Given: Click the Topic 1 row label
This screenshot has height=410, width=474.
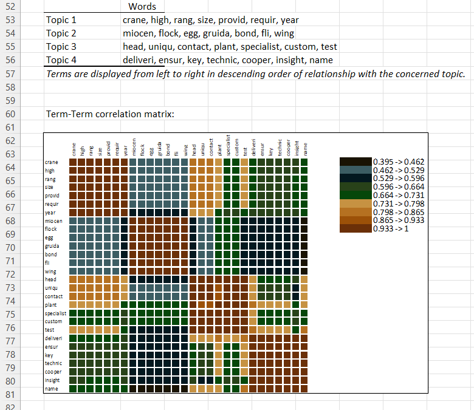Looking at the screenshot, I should coord(61,20).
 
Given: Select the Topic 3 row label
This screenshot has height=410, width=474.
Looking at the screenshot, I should coord(61,47).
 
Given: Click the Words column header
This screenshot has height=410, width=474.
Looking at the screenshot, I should coord(142,7).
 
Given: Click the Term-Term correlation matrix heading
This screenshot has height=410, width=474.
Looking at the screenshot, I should coord(109,114).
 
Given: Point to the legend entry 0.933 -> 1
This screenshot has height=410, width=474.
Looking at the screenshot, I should coord(389,228).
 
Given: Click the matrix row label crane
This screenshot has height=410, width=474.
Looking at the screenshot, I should coord(52,162).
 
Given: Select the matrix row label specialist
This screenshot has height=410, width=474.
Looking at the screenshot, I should coord(54,313).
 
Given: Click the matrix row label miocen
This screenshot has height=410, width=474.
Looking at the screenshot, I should coord(53,221).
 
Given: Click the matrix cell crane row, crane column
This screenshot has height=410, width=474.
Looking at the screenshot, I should coord(73,162).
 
